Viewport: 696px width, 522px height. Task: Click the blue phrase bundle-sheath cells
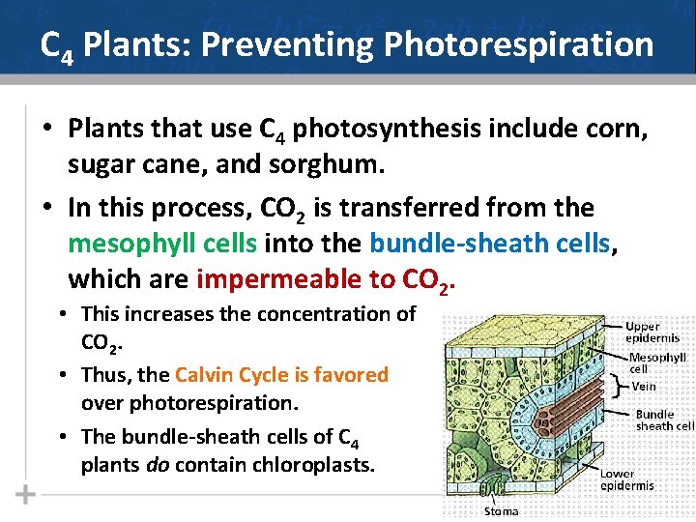(x=492, y=244)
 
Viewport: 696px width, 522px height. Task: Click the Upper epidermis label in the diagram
(x=652, y=333)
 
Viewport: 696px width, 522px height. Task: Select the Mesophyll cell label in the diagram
(x=656, y=362)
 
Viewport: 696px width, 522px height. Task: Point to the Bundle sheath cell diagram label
(x=663, y=420)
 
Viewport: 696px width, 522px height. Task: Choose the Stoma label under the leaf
(x=501, y=511)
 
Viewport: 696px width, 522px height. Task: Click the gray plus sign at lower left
(x=25, y=495)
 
